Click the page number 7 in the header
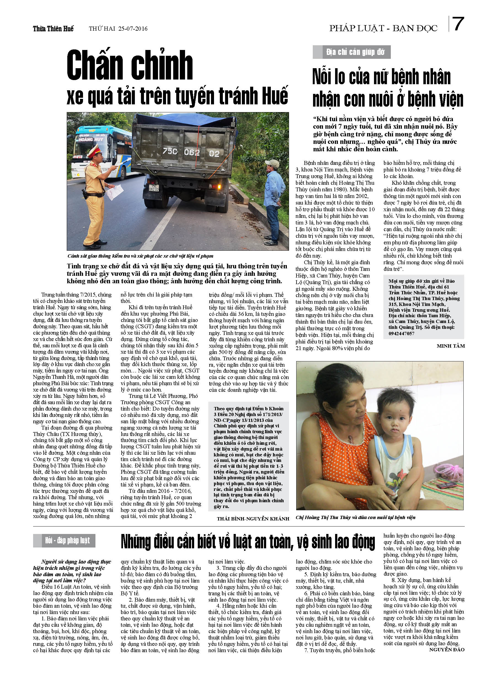click(x=458, y=24)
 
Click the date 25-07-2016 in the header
click(x=133, y=29)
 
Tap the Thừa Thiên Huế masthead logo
click(x=53, y=29)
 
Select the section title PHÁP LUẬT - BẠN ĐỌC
click(x=383, y=28)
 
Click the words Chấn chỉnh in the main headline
click(x=130, y=65)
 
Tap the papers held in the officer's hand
click(x=114, y=192)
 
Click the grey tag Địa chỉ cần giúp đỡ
click(x=352, y=52)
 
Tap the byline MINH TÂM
click(x=451, y=346)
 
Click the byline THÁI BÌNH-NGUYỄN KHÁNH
click(x=253, y=519)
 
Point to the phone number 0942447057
click(x=401, y=334)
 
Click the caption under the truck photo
click(x=140, y=256)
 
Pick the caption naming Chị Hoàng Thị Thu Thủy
click(x=356, y=517)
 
